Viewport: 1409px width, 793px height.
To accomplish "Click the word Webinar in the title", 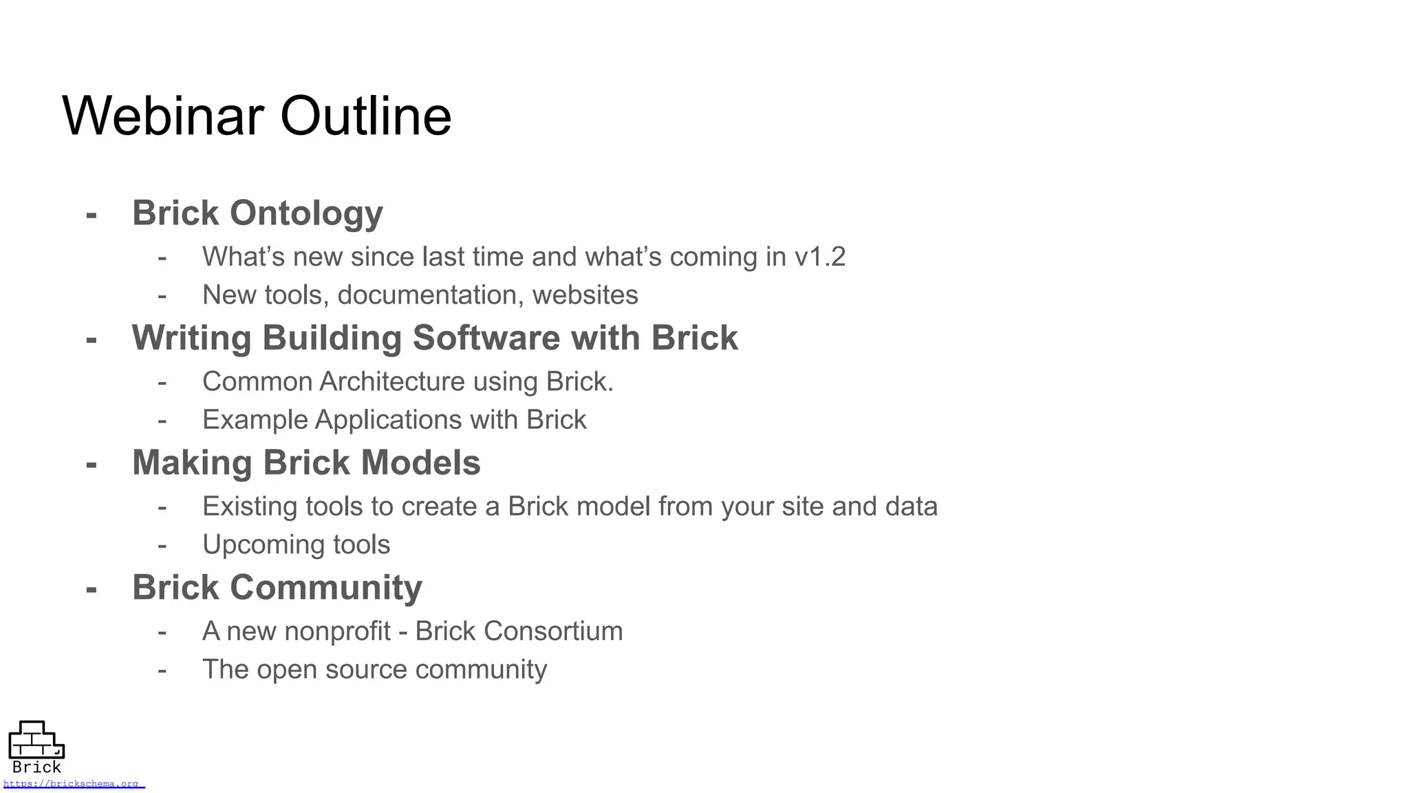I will [163, 116].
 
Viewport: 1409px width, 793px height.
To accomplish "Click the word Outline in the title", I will [365, 116].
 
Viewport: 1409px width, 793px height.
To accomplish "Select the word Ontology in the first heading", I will [306, 213].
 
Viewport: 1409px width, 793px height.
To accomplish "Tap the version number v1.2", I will [819, 257].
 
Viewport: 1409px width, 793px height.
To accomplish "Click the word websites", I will [585, 295].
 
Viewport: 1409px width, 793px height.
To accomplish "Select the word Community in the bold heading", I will [325, 588].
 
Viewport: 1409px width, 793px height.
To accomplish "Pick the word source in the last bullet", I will [366, 670].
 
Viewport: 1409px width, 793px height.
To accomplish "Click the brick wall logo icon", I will [36, 740].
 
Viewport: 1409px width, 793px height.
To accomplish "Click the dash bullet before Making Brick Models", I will [91, 464].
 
